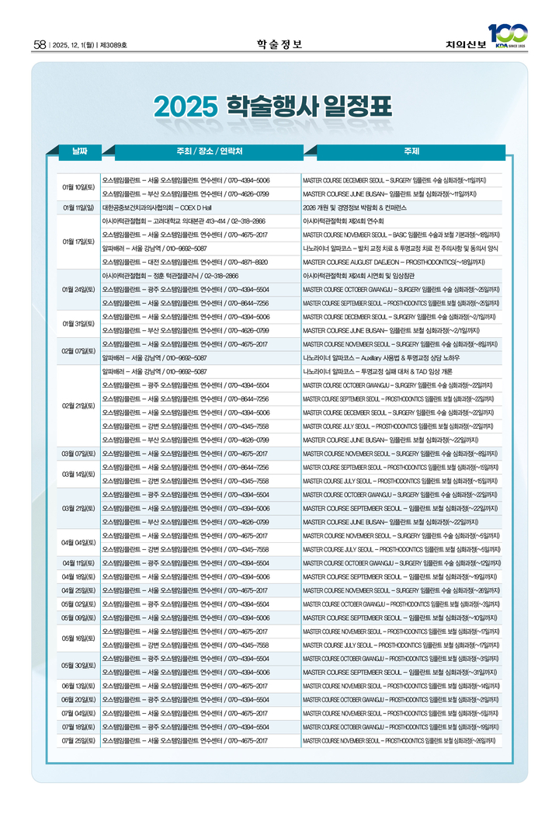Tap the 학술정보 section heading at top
(x=279, y=43)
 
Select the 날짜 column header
(x=80, y=151)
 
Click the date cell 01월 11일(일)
(x=78, y=207)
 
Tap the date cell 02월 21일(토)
(x=78, y=405)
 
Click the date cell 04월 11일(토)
(x=78, y=562)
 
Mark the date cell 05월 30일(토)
(x=78, y=665)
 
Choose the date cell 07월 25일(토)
(x=78, y=740)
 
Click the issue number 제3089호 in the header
(x=113, y=44)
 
